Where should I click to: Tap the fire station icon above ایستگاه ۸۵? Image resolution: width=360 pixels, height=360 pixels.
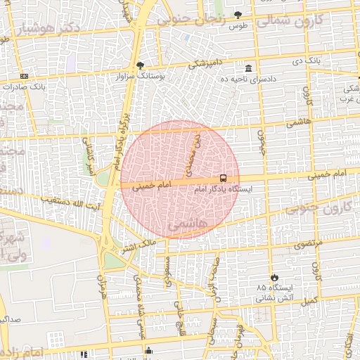[x=274, y=277]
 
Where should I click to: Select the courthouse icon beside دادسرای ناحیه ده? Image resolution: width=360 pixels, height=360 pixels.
[x=249, y=68]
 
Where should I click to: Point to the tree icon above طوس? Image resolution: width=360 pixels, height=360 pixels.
[x=238, y=15]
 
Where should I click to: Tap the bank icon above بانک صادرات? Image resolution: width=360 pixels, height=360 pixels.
[x=25, y=76]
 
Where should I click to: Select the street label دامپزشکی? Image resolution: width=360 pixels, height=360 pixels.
[x=205, y=65]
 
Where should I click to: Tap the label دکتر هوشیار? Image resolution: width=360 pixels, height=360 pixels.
[x=34, y=30]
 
